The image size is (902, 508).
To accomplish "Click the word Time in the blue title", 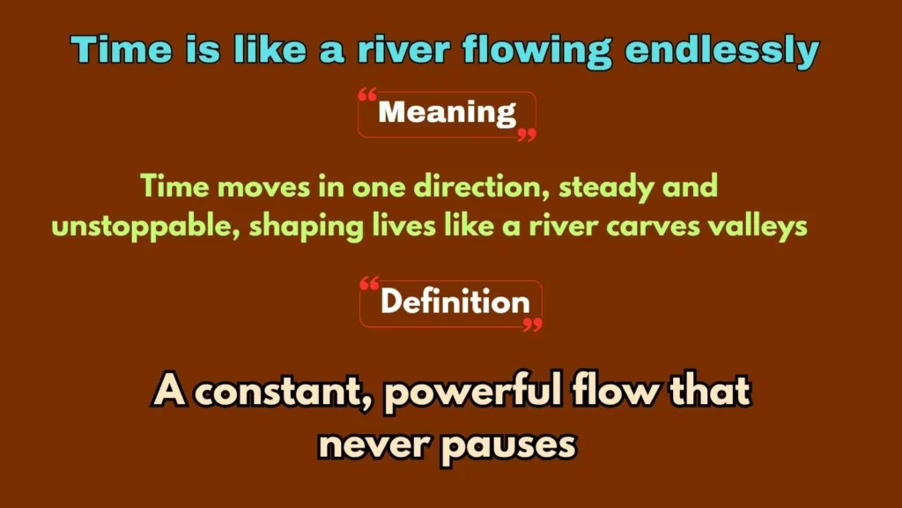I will click(110, 51).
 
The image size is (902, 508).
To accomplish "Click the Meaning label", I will click(447, 113).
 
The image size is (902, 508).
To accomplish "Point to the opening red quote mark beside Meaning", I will click(368, 93).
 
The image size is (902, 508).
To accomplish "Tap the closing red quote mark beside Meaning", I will click(526, 135).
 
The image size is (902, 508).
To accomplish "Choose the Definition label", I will click(455, 303).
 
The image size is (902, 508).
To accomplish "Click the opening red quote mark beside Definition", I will click(370, 284).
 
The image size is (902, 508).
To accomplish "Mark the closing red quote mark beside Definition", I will click(532, 325).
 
